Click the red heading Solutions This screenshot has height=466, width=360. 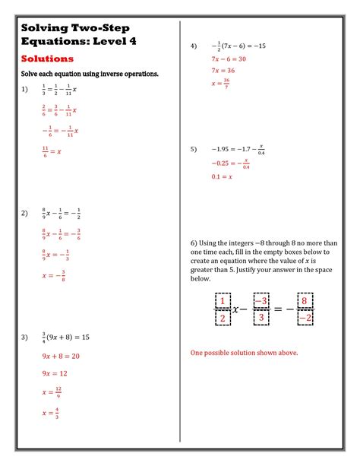point(47,59)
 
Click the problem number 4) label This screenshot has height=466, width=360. point(194,46)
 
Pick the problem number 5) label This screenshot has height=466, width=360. point(194,149)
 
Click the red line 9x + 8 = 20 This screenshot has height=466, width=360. point(61,356)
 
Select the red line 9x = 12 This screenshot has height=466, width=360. point(55,374)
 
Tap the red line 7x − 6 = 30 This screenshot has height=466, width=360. point(228,59)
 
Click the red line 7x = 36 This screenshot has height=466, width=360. point(223,71)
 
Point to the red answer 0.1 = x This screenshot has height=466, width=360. point(222,176)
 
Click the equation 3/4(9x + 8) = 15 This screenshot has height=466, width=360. point(66,337)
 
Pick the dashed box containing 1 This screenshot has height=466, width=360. point(223,301)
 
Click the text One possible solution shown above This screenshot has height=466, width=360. point(244,353)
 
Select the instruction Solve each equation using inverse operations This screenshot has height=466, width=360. point(90,74)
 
